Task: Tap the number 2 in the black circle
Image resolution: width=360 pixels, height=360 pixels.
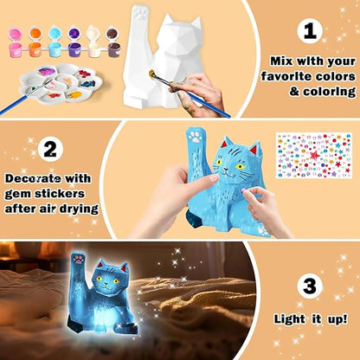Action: point(51,149)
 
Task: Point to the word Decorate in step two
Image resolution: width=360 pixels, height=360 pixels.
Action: point(37,177)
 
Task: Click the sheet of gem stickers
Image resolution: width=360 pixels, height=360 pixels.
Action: point(313,154)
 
